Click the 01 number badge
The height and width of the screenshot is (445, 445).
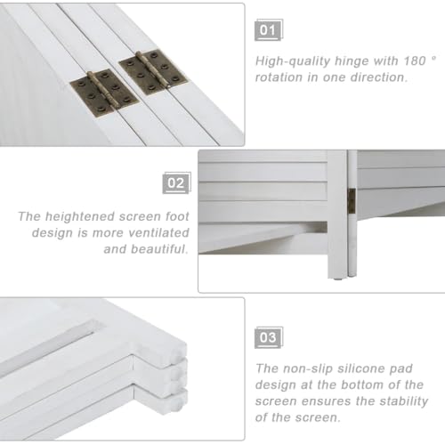click(269, 30)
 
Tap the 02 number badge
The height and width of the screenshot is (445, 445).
click(176, 182)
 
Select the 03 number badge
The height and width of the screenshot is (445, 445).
click(269, 337)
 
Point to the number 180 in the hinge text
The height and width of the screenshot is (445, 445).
click(415, 61)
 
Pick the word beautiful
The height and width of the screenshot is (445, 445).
click(159, 249)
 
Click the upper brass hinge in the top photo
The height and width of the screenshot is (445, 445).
click(153, 72)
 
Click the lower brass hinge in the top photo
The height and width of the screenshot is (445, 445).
click(105, 92)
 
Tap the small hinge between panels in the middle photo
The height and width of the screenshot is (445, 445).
click(352, 200)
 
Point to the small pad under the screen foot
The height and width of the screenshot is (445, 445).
click(337, 279)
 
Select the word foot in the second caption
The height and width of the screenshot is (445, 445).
click(177, 216)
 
